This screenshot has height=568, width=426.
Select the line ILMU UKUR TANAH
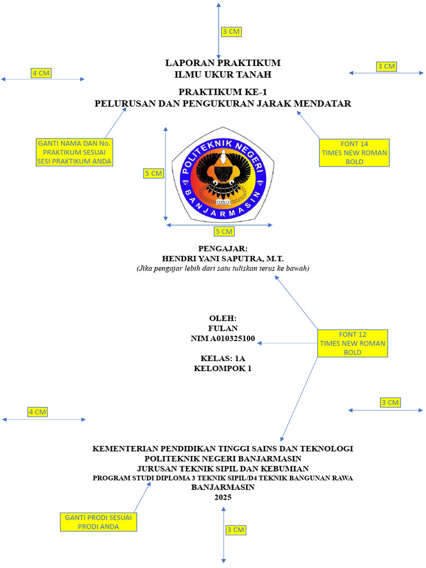coord(222,74)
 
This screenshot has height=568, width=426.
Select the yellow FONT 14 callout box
coord(353,153)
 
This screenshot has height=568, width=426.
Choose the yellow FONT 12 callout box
coord(352,343)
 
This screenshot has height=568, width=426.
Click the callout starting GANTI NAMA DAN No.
coord(74,152)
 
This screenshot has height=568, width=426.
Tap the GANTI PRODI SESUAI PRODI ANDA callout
coord(99,522)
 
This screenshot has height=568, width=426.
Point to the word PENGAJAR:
coord(222,248)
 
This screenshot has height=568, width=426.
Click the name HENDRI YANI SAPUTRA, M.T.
coord(222,258)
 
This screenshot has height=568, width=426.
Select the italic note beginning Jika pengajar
coord(222,268)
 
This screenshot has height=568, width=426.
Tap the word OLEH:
coord(222,318)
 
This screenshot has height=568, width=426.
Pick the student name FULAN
coord(222,328)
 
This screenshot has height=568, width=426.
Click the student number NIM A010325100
coord(222,338)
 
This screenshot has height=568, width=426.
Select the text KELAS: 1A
coord(222,358)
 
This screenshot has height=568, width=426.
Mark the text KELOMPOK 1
coord(222,368)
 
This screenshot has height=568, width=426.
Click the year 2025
coord(222,498)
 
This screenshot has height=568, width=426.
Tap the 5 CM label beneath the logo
coord(224,231)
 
